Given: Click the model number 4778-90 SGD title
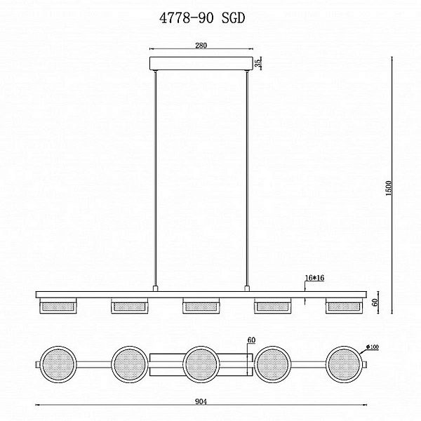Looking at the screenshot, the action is click(202, 18).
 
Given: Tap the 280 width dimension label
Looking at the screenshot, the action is click(201, 46).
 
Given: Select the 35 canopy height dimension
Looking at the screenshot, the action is click(258, 63).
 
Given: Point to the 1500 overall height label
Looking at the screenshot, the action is click(389, 188).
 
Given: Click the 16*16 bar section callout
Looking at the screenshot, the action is click(314, 278).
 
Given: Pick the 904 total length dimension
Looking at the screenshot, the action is click(201, 401).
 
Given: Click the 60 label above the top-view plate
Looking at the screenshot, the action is click(251, 340).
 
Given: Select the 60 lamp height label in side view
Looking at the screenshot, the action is click(376, 302).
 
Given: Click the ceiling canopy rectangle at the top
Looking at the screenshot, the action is click(201, 63).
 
